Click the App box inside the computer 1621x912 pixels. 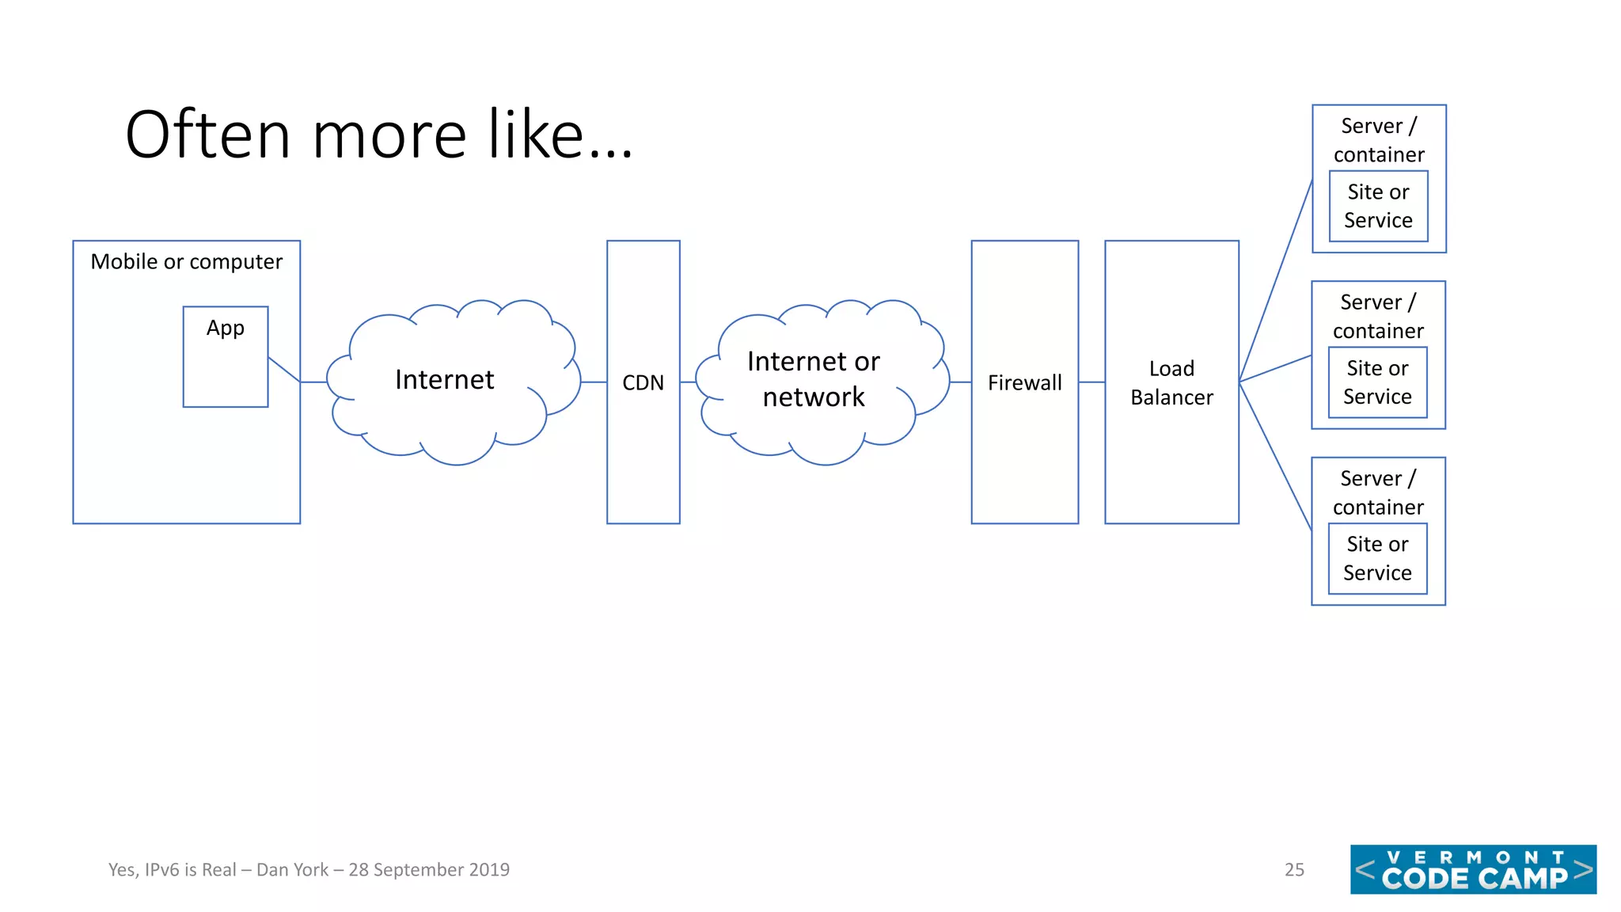pos(226,356)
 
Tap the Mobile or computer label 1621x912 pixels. pos(186,262)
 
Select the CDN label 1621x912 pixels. pos(643,383)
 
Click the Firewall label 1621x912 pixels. pos(1024,383)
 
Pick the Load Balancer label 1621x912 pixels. pos(1171,383)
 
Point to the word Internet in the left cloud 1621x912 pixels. pos(444,380)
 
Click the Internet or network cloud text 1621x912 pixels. pos(814,379)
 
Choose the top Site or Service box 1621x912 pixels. pos(1378,206)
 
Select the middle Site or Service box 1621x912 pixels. pos(1377,382)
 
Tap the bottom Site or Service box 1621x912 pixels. pos(1377,558)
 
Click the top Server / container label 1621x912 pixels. pos(1379,140)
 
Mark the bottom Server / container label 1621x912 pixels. pos(1378,492)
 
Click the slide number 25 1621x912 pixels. pos(1294,870)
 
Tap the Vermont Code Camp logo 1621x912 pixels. pos(1473,869)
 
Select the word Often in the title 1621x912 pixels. pos(208,135)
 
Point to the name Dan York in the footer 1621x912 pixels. pos(292,870)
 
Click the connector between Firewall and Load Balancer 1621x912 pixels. pos(1091,382)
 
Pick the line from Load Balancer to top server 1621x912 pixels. pos(1275,281)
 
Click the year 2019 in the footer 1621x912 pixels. pos(488,870)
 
